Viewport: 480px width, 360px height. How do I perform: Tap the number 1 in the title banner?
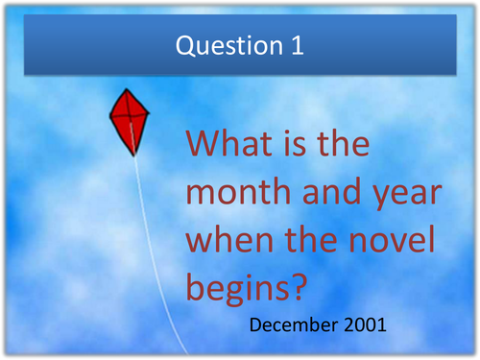click(296, 45)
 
